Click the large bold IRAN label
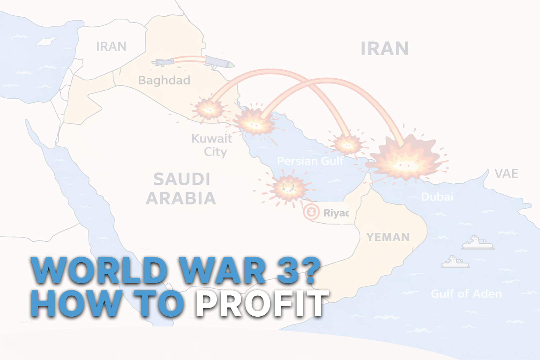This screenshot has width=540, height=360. [385, 49]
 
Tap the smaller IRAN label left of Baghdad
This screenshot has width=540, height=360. [111, 47]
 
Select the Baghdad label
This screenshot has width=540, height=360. [164, 80]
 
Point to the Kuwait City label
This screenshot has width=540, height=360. [212, 145]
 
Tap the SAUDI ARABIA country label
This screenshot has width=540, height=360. [181, 189]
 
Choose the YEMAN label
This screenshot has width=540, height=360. [388, 237]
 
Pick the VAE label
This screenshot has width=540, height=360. [506, 174]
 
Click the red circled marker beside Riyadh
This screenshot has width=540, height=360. [311, 212]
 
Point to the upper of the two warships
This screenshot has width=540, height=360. [478, 243]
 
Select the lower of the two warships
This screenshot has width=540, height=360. [455, 262]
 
